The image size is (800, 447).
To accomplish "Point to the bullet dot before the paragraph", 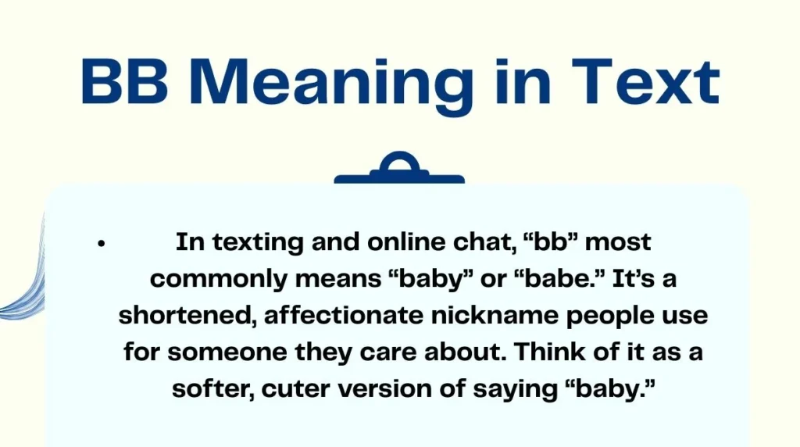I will [101, 244].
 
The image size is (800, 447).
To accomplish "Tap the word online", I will [397, 243].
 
